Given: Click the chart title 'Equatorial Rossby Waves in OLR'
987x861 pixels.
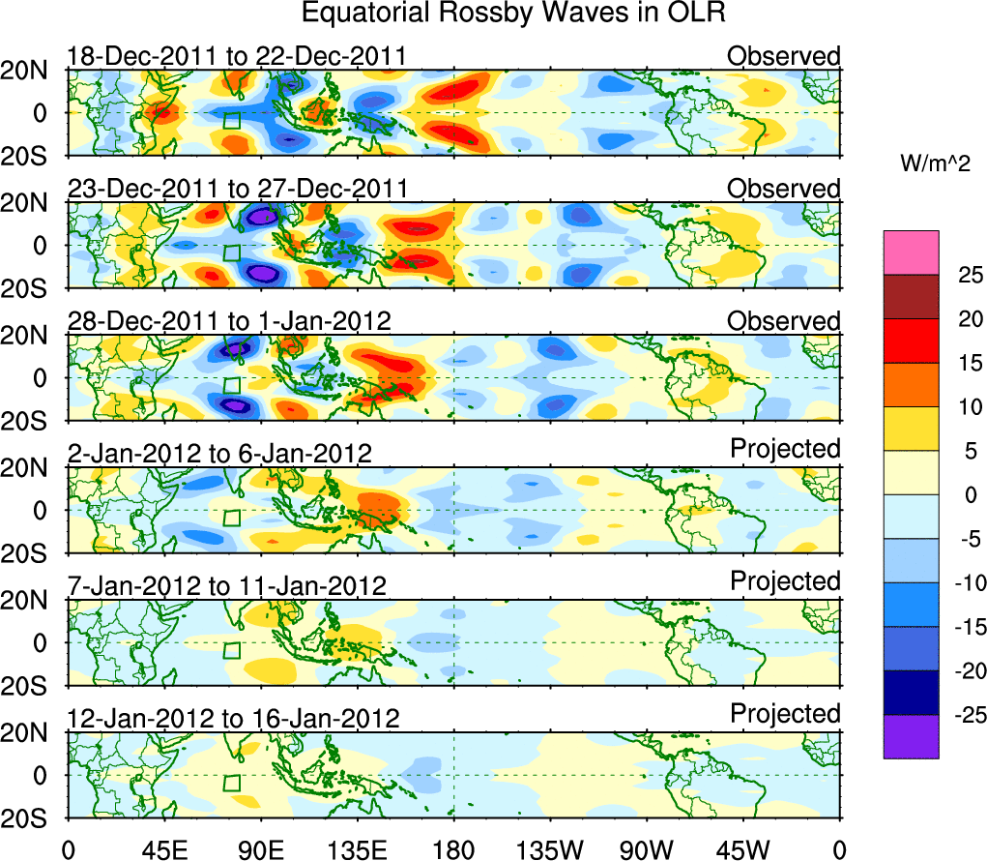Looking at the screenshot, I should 513,14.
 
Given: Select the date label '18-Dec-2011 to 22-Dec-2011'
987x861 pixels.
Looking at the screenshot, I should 236,56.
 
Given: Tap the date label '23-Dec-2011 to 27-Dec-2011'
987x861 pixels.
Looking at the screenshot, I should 238,188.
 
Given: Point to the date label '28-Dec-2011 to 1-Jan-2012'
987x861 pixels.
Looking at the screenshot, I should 229,321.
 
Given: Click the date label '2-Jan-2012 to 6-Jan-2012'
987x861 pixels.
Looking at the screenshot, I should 219,453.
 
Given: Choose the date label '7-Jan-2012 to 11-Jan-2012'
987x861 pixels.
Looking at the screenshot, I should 226,585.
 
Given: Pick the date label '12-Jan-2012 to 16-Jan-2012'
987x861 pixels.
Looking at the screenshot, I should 233,718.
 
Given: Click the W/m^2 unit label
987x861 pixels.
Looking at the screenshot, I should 935,165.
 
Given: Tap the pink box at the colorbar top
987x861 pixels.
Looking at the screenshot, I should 911,252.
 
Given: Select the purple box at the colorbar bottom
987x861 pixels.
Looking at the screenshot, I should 911,736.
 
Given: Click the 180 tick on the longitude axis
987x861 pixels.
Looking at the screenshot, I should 453,849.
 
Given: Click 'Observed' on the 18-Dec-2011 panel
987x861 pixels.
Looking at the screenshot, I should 784,56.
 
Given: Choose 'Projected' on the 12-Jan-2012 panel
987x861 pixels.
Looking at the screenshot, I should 785,714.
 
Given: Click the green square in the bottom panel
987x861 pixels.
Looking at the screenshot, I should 231,783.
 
